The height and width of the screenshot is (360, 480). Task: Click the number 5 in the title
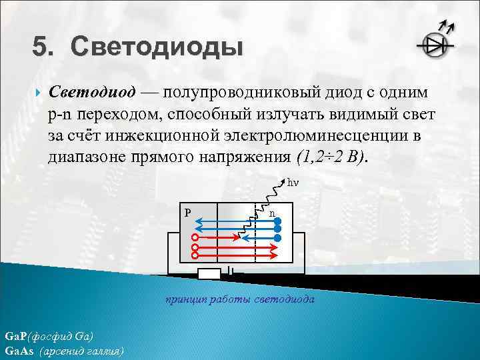[x=41, y=48]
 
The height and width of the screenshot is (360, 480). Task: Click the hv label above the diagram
[x=293, y=181]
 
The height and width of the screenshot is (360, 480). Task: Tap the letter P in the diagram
[x=188, y=213]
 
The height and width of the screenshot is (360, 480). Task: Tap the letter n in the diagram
[x=273, y=213]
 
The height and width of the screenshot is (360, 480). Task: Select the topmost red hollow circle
[x=195, y=237]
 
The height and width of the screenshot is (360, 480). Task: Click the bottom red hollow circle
[x=195, y=254]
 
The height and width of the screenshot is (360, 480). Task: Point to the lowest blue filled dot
[x=279, y=237]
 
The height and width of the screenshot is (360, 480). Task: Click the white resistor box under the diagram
[x=209, y=273]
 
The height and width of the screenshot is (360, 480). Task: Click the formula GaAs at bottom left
[x=18, y=350]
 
